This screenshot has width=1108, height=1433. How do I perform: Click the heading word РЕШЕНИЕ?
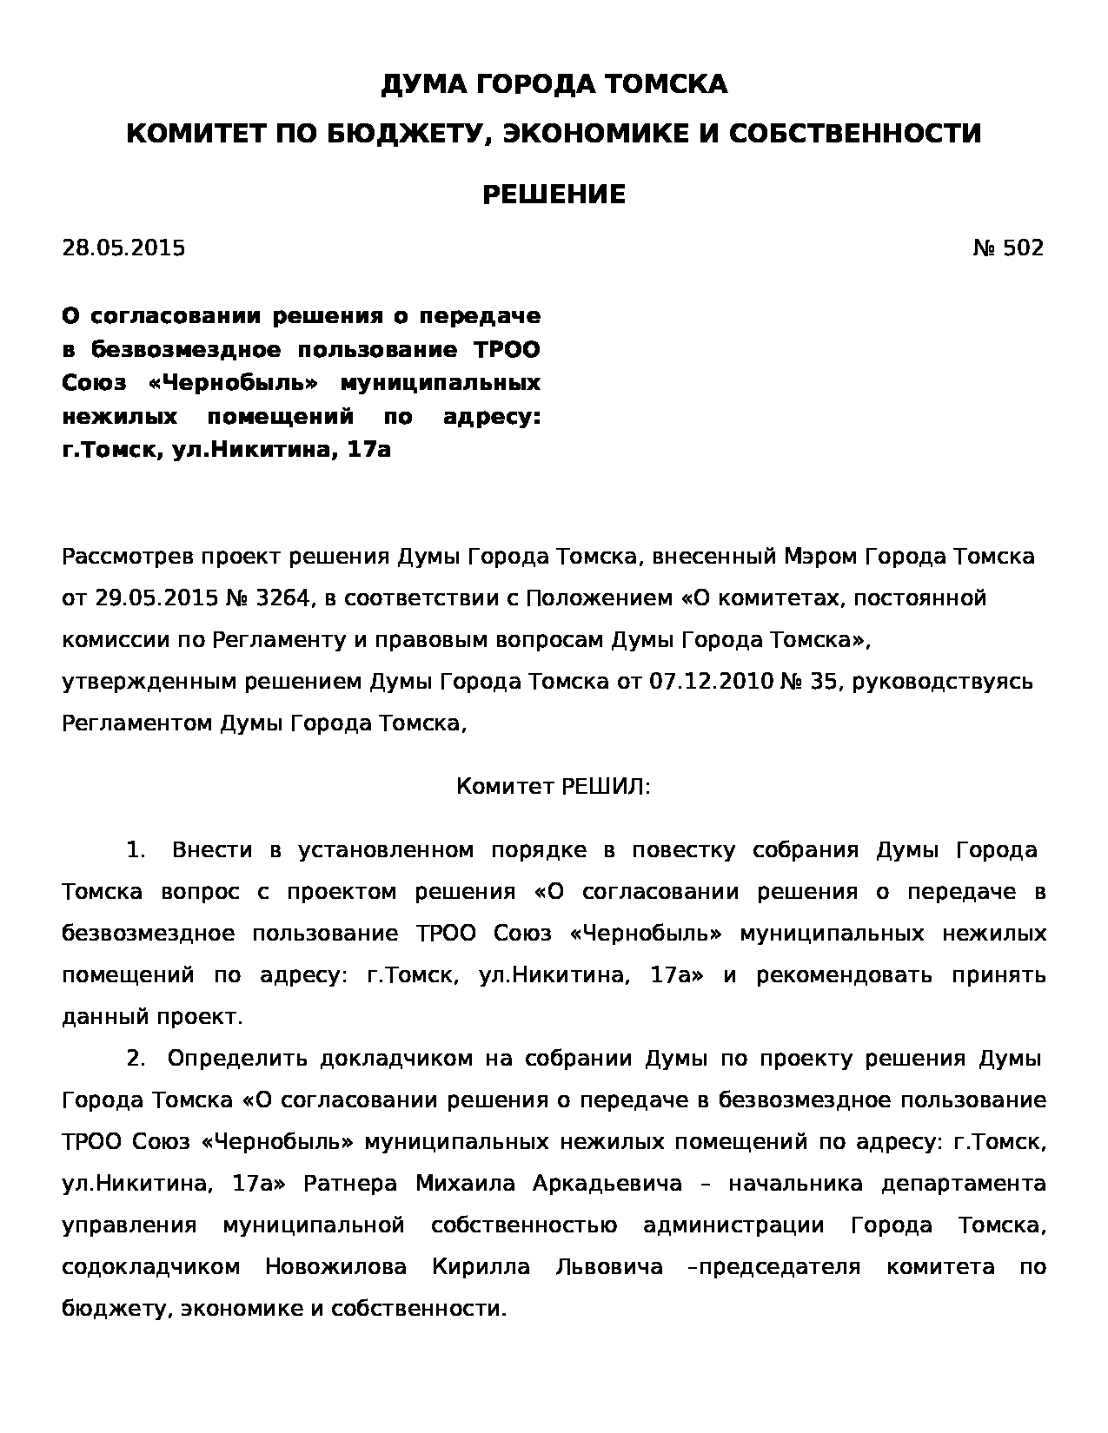point(554,194)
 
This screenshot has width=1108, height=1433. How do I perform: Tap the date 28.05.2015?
point(123,248)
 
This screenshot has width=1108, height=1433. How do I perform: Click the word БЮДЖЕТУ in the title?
point(402,134)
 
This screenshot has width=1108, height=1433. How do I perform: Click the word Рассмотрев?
point(129,556)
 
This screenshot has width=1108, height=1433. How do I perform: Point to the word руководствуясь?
point(942,681)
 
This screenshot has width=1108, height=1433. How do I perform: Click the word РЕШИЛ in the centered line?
point(603,787)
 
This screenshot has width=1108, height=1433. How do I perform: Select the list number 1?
point(136,849)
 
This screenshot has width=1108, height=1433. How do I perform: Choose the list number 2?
point(136,1058)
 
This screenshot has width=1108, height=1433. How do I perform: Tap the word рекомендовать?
point(844,974)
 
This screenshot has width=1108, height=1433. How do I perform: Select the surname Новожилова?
point(335,1266)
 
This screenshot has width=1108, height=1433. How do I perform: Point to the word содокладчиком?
point(150,1266)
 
